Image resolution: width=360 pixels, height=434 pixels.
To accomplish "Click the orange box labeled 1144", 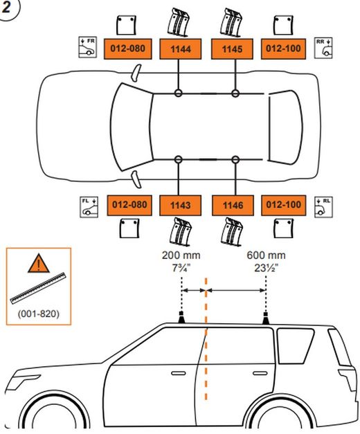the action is point(180,49).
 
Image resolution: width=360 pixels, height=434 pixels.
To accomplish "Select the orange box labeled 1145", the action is point(232,49).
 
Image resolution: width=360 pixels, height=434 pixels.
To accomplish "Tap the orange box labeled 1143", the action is point(180,206).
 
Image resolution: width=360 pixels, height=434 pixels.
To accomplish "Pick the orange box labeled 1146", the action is point(233,206).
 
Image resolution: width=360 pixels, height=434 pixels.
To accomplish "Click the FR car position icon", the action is point(87,47).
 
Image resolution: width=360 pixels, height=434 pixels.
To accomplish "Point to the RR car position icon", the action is point(323,48).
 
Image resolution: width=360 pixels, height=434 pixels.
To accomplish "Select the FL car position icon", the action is point(89,207).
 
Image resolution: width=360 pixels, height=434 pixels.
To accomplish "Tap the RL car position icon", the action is point(323,207).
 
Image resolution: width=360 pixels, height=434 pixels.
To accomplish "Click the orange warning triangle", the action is point(39,263).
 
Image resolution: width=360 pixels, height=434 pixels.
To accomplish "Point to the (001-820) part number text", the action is point(39,314).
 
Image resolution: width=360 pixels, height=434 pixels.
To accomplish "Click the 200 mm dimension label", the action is point(181,255).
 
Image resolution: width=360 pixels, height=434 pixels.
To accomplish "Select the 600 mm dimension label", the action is point(266,255).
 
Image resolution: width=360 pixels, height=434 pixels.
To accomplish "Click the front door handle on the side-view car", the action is point(179,373).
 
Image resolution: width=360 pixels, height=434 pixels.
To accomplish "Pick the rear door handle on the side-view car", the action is point(260,373).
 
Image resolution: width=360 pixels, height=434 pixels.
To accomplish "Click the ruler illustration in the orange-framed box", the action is point(38,289).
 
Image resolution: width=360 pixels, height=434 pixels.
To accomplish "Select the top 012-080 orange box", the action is point(127,49).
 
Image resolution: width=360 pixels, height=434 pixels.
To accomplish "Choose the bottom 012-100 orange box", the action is point(284,206).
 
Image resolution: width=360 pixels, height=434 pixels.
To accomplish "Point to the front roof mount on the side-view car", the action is point(181,318).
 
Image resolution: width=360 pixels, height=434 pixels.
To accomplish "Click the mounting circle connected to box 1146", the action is point(235,159).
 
